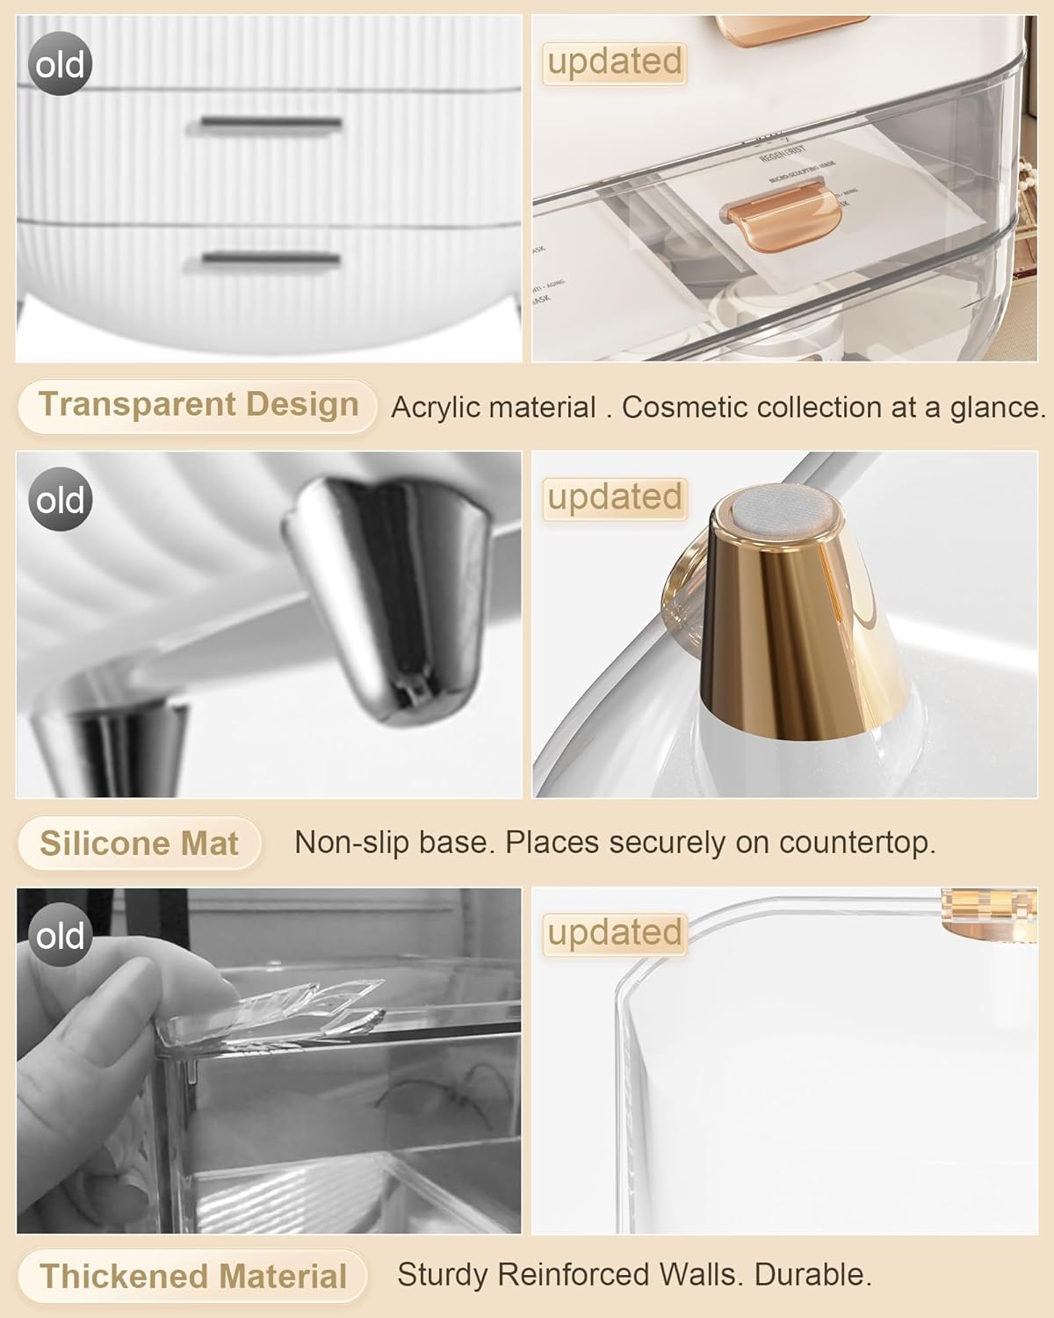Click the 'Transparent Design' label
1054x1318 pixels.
pyautogui.click(x=199, y=405)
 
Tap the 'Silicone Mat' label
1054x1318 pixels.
pyautogui.click(x=139, y=844)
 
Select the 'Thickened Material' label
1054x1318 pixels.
pyautogui.click(x=193, y=1277)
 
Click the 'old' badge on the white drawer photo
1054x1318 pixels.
pyautogui.click(x=61, y=64)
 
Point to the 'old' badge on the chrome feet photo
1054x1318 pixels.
pyautogui.click(x=61, y=500)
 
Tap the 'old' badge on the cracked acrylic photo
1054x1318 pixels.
pyautogui.click(x=61, y=936)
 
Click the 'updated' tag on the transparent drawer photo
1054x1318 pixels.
pyautogui.click(x=614, y=62)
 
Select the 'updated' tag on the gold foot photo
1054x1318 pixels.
pyautogui.click(x=614, y=498)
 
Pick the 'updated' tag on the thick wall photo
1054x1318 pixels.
pyautogui.click(x=614, y=933)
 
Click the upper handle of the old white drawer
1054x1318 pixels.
pyautogui.click(x=271, y=125)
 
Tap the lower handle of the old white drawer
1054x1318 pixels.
pyautogui.click(x=271, y=259)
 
